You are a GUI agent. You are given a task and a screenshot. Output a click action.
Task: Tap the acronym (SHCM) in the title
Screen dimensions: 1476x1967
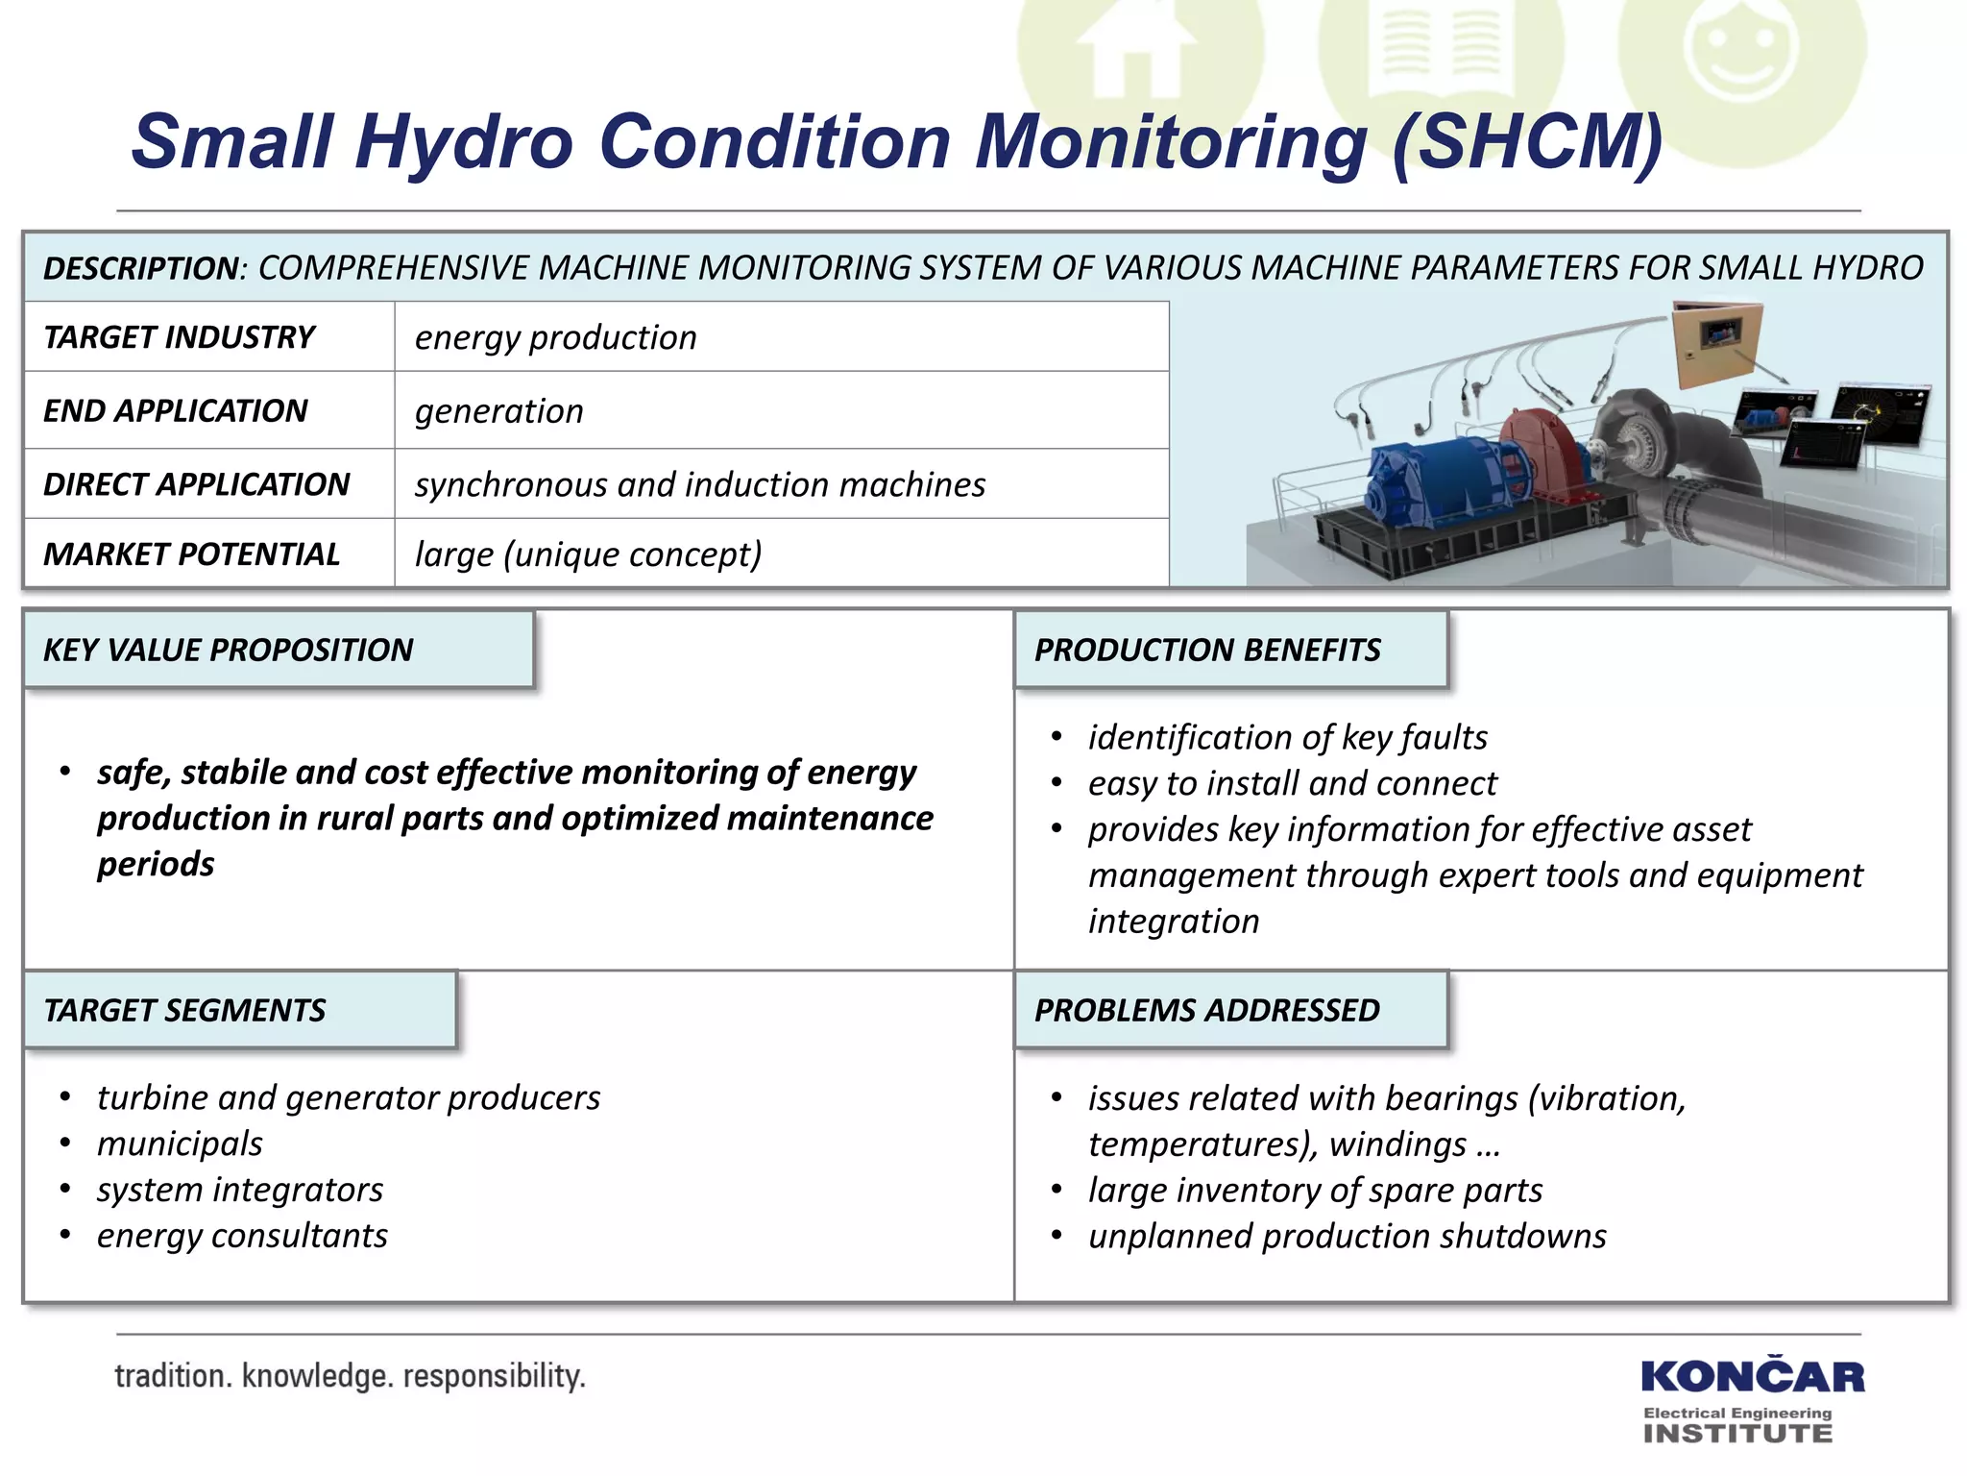pyautogui.click(x=1526, y=142)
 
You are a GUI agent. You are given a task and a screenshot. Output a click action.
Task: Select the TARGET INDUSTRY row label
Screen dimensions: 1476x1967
pyautogui.click(x=180, y=337)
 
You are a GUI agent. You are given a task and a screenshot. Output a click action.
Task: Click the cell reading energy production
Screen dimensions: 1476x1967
pyautogui.click(x=555, y=337)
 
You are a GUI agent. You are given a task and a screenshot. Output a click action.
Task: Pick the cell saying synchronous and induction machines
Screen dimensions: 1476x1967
pyautogui.click(x=699, y=484)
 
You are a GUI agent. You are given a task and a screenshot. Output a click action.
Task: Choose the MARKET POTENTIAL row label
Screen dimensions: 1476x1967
pyautogui.click(x=191, y=554)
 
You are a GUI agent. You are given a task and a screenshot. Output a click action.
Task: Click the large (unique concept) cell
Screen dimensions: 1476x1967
pyautogui.click(x=588, y=554)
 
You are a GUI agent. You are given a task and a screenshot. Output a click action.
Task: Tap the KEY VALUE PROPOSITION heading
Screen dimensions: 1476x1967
pyautogui.click(x=229, y=650)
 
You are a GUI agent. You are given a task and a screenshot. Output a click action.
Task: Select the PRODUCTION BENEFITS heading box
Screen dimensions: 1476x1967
pyautogui.click(x=1207, y=650)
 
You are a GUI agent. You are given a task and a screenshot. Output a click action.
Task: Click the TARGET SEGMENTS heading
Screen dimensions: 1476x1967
pyautogui.click(x=184, y=1010)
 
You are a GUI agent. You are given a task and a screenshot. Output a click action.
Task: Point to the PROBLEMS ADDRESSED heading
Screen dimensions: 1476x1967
pyautogui.click(x=1206, y=1010)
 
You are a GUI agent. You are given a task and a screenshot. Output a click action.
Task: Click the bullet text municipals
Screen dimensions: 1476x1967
pyautogui.click(x=180, y=1144)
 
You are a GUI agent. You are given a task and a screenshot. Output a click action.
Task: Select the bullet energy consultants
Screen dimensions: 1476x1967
pyautogui.click(x=242, y=1236)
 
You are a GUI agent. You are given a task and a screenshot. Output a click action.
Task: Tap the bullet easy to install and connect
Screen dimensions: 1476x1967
pyautogui.click(x=1292, y=783)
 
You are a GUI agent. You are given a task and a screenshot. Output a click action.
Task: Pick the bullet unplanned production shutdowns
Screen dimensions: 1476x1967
pyautogui.click(x=1347, y=1236)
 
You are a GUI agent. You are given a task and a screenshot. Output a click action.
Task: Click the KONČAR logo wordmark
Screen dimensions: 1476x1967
pyautogui.click(x=1752, y=1377)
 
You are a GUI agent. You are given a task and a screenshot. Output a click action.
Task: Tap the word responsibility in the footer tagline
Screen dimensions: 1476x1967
pyautogui.click(x=494, y=1376)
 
